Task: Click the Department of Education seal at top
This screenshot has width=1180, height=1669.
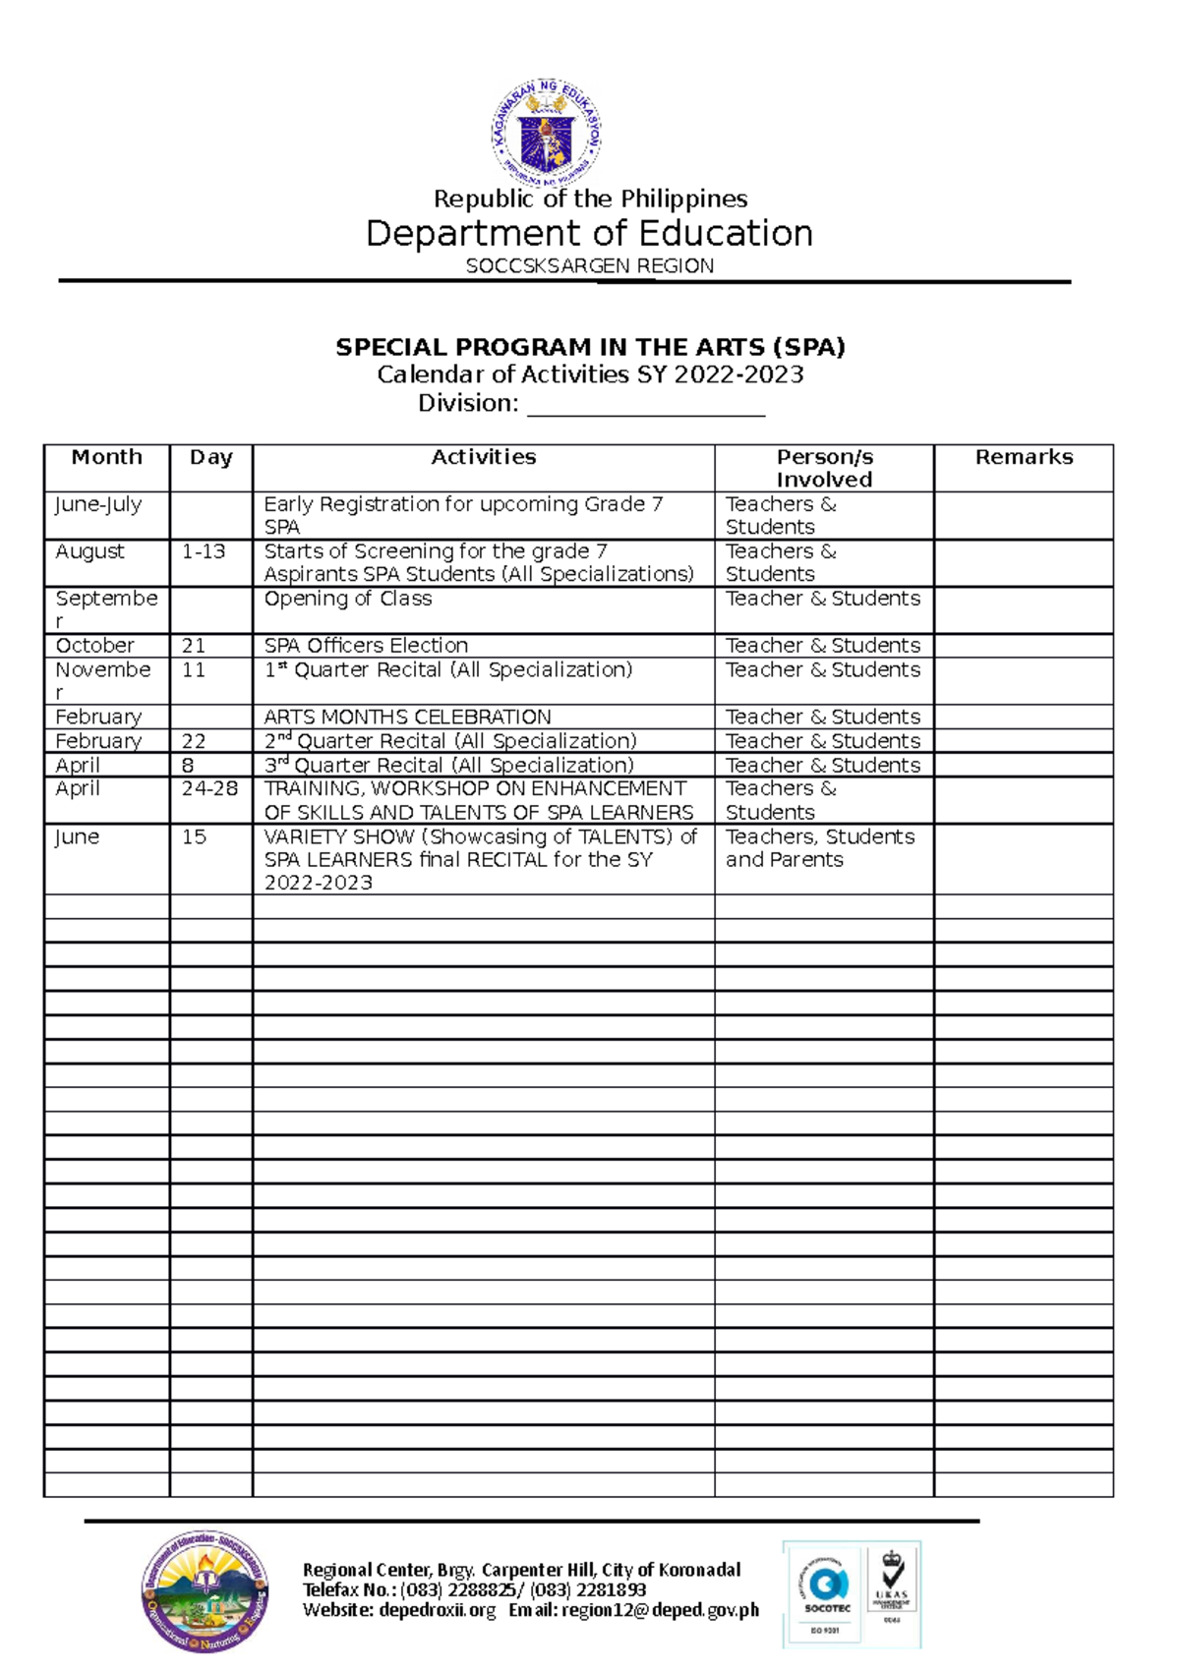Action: point(547,134)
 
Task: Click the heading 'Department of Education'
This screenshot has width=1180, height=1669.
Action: point(589,234)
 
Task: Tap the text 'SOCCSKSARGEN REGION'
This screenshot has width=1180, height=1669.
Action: point(589,266)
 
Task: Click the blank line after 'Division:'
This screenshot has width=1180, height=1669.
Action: point(646,405)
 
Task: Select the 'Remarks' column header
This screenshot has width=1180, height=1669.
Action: point(1023,458)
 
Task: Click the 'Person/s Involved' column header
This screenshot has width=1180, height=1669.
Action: point(824,468)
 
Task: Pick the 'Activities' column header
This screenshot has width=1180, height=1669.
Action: point(483,458)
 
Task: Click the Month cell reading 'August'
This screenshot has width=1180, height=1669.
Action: point(90,552)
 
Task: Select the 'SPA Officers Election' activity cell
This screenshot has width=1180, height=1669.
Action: point(366,646)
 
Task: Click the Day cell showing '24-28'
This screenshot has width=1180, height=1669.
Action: point(209,789)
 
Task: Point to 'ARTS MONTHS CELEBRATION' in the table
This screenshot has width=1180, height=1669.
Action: point(407,718)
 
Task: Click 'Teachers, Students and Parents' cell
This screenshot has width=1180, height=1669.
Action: point(820,848)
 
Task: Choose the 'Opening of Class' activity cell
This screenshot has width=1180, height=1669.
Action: point(347,600)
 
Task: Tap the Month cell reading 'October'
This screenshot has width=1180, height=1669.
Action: point(94,646)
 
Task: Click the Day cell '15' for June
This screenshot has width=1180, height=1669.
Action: point(195,837)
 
